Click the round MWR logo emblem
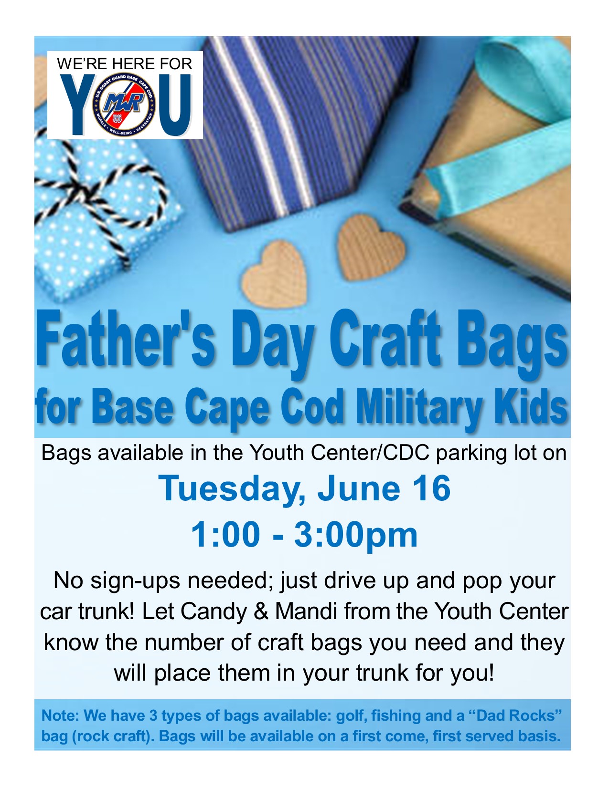pyautogui.click(x=124, y=106)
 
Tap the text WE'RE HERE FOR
pyautogui.click(x=124, y=64)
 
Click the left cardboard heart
pyautogui.click(x=275, y=274)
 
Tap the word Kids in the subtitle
pyautogui.click(x=530, y=405)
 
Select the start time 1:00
pyautogui.click(x=225, y=535)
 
